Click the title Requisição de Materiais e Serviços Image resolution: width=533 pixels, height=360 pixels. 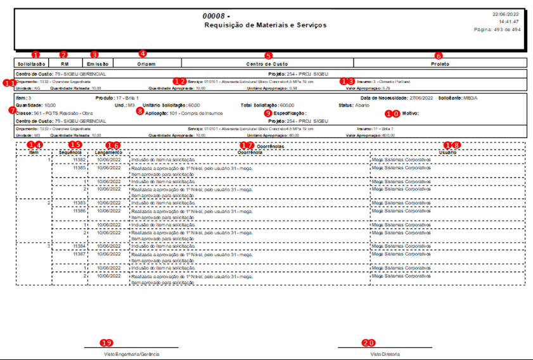click(266, 25)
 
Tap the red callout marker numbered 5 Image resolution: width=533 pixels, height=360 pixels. click(268, 56)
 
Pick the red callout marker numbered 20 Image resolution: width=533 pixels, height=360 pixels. click(368, 343)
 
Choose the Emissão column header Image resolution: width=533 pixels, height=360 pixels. click(96, 64)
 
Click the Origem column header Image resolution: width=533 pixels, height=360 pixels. click(142, 64)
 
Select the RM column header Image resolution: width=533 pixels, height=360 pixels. click(64, 64)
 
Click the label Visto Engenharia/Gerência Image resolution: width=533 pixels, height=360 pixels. click(131, 354)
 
